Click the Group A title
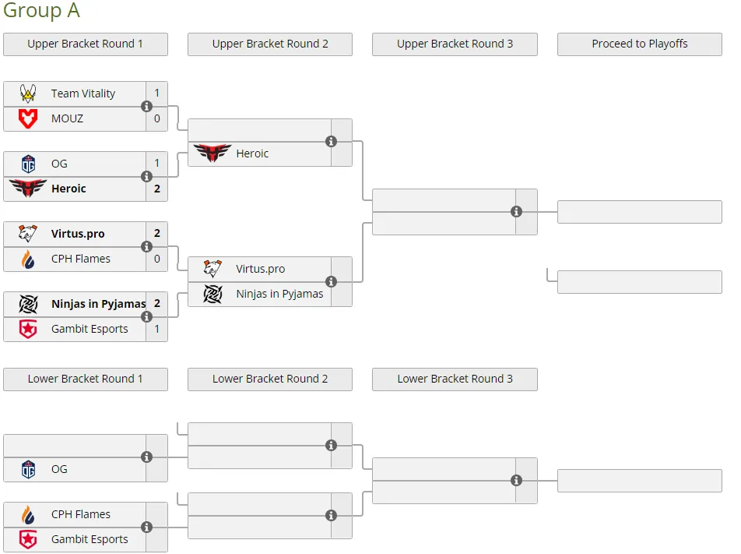(41, 10)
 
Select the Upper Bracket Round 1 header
(85, 44)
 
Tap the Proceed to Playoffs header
(639, 44)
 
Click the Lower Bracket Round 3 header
(455, 379)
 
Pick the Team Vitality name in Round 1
(83, 94)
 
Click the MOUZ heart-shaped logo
(28, 118)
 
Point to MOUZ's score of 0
(157, 118)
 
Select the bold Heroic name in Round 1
(68, 189)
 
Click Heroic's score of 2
(157, 189)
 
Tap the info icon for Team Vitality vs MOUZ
(146, 106)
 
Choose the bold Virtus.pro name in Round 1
(78, 234)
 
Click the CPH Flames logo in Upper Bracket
(28, 259)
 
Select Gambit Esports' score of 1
(157, 329)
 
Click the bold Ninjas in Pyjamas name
(98, 304)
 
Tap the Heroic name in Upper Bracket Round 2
(252, 153)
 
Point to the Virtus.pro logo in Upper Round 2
(212, 269)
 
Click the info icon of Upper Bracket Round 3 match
(516, 211)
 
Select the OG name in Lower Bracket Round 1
(59, 469)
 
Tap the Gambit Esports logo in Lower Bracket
(28, 539)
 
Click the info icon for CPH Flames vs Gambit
(146, 527)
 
